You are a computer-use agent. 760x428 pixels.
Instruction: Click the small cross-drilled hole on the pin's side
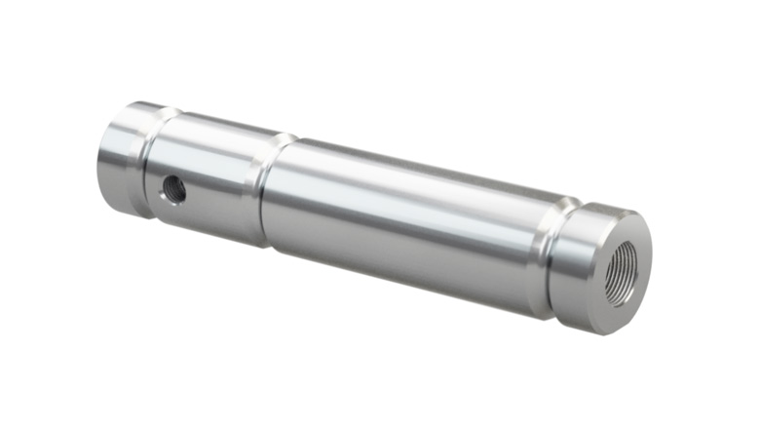(173, 188)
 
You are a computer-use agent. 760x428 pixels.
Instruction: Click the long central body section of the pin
(409, 219)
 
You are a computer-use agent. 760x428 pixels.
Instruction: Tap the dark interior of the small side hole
(175, 187)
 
